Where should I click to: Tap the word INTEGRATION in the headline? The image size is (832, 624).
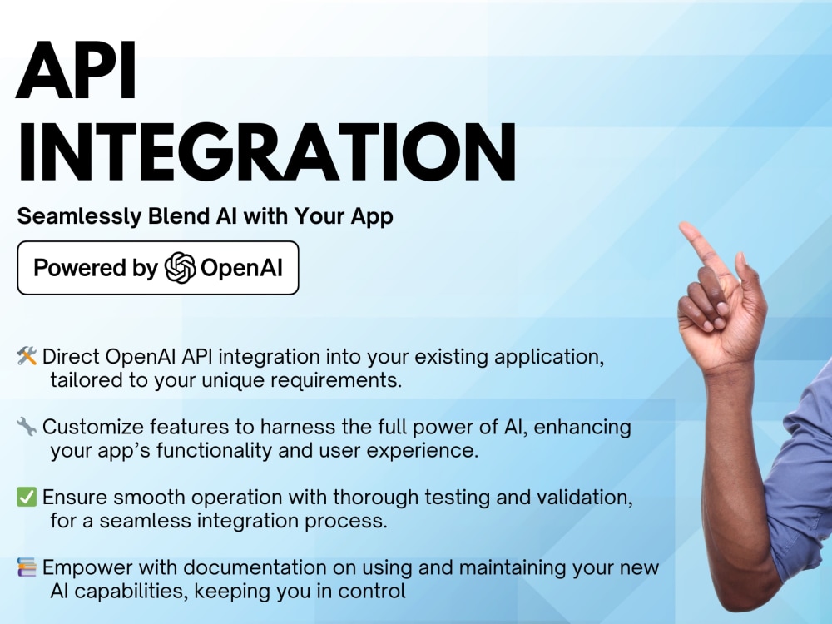point(266,153)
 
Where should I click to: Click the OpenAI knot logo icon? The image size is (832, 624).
point(180,268)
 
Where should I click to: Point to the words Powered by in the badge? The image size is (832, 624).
point(95,268)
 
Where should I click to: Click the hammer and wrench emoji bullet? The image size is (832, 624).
point(27,357)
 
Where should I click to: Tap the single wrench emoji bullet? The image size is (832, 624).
point(27,428)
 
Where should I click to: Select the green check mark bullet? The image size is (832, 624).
point(27,498)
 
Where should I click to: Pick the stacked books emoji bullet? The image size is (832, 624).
point(27,568)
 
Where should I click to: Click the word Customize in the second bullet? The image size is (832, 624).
point(90,428)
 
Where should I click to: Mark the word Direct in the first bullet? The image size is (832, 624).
point(71,357)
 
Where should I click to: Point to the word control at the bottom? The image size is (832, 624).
point(375,592)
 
